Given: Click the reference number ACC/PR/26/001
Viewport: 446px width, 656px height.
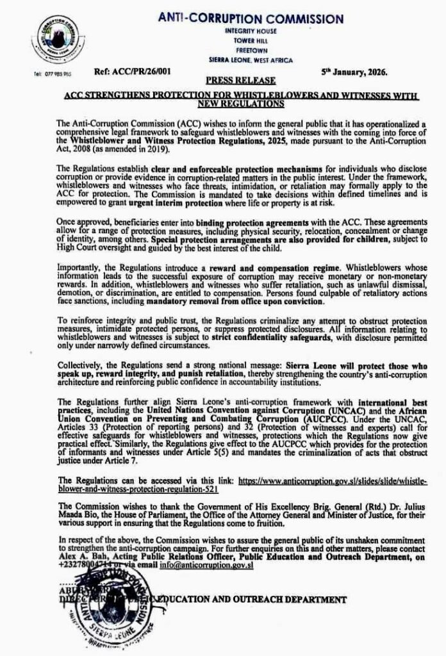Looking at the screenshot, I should (x=125, y=73).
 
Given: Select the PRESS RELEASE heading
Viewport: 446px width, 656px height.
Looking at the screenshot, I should (x=242, y=81).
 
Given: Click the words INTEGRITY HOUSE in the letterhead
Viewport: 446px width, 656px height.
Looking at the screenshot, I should (x=251, y=30).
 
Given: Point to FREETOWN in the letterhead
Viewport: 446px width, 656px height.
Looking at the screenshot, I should (x=251, y=50).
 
